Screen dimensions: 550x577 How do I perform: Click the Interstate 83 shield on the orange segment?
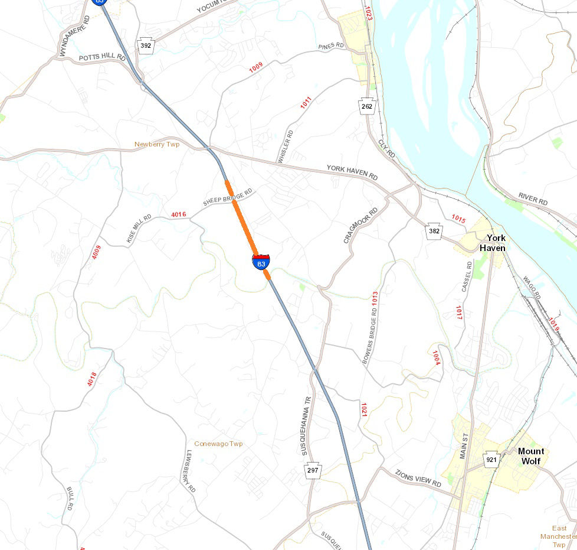coord(261,262)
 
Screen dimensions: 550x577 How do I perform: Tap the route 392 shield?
coord(145,45)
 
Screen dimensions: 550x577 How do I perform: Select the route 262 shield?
coord(367,106)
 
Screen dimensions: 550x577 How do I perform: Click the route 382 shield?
coord(434,232)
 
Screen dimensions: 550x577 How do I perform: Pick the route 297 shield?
coord(313,471)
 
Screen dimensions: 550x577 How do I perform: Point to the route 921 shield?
coord(491,459)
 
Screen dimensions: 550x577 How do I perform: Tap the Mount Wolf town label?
coord(531,455)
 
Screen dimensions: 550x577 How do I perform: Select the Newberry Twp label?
coord(157,144)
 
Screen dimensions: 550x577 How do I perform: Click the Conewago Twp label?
coord(218,444)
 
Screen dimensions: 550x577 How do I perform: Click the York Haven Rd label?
coord(352,173)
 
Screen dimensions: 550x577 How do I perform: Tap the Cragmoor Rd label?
coord(360,225)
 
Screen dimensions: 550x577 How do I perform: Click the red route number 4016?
coord(179,214)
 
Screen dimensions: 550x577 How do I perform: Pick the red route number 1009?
coord(255,67)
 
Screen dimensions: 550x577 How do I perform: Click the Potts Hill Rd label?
coord(102,58)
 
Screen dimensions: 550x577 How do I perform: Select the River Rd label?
coord(533,199)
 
